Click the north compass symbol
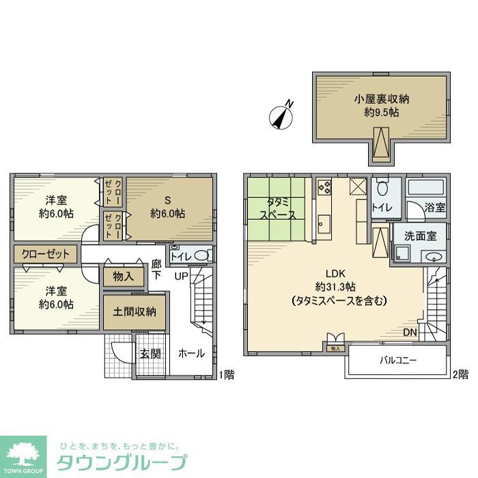(282, 117)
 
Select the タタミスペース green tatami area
(277, 208)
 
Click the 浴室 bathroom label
(435, 208)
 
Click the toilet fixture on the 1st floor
(200, 255)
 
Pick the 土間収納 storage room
(135, 311)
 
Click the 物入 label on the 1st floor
(124, 277)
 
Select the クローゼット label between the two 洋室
(46, 254)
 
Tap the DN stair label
(410, 333)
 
